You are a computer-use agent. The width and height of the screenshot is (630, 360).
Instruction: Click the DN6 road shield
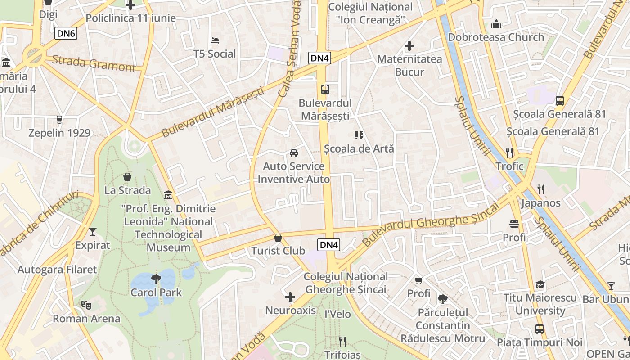(66, 33)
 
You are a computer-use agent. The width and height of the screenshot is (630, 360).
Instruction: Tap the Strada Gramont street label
(93, 63)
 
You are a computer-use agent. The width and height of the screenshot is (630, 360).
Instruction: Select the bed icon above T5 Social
(215, 40)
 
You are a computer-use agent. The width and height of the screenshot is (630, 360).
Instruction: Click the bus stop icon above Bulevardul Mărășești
(325, 89)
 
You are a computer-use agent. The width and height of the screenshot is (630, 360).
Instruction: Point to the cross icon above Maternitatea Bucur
(409, 46)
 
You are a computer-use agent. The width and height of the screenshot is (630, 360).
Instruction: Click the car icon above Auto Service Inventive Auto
(294, 153)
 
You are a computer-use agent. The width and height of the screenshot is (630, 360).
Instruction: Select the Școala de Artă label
(359, 148)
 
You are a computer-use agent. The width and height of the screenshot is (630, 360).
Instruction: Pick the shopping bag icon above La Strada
(127, 177)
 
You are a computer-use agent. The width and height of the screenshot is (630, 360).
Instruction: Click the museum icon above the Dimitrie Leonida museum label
(168, 195)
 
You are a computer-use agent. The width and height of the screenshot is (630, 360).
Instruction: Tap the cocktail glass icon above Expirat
(93, 232)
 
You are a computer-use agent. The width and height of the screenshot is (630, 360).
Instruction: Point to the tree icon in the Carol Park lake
(156, 279)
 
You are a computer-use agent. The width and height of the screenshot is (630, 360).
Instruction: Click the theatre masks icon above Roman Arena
(86, 305)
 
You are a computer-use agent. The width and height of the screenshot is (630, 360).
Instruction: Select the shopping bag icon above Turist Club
(278, 237)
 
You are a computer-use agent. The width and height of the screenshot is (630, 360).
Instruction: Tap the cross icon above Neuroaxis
(290, 297)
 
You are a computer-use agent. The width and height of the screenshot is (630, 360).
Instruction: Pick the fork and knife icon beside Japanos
(541, 189)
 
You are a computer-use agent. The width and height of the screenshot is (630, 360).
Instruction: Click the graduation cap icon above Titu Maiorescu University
(540, 284)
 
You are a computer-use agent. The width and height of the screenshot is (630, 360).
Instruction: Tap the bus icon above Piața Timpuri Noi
(539, 329)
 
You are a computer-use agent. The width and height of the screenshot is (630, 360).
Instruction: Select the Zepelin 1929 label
(59, 133)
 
